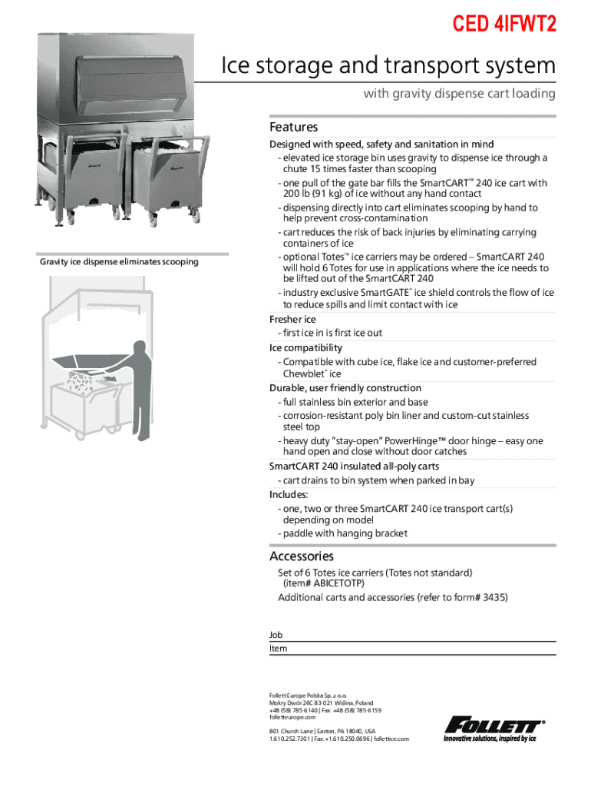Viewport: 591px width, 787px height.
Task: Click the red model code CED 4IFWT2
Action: (x=504, y=25)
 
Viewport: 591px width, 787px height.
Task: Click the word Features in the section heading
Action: (x=293, y=127)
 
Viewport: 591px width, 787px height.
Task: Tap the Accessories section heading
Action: (x=301, y=556)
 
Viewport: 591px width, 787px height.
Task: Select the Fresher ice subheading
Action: (x=292, y=319)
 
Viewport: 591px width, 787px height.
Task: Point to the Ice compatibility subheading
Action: (x=305, y=347)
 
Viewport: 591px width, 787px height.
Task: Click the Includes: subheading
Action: (x=289, y=494)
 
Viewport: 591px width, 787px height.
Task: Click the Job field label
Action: (x=276, y=635)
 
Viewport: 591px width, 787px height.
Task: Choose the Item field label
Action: (x=278, y=649)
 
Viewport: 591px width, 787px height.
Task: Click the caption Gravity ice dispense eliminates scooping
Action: (x=119, y=262)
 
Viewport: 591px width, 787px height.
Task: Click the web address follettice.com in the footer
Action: (x=392, y=739)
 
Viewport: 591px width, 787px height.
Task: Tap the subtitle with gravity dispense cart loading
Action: (x=458, y=94)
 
